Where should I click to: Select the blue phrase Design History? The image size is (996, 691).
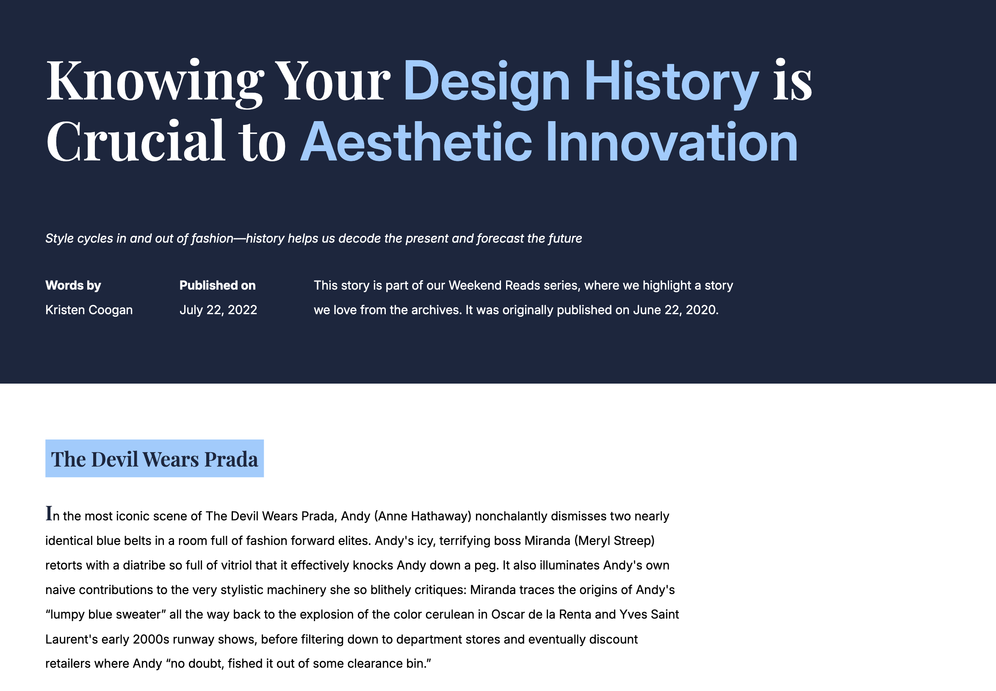pyautogui.click(x=581, y=81)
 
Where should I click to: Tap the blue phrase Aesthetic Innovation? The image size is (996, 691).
pyautogui.click(x=549, y=142)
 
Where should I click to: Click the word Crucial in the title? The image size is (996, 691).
pyautogui.click(x=136, y=142)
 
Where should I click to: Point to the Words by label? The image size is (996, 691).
pyautogui.click(x=73, y=285)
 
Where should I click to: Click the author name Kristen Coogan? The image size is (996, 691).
pyautogui.click(x=89, y=310)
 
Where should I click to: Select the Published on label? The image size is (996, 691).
pyautogui.click(x=217, y=285)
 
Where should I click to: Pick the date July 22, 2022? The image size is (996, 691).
pyautogui.click(x=218, y=310)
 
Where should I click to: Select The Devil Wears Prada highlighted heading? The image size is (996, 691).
pyautogui.click(x=155, y=459)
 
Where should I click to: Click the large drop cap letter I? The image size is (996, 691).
pyautogui.click(x=49, y=514)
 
